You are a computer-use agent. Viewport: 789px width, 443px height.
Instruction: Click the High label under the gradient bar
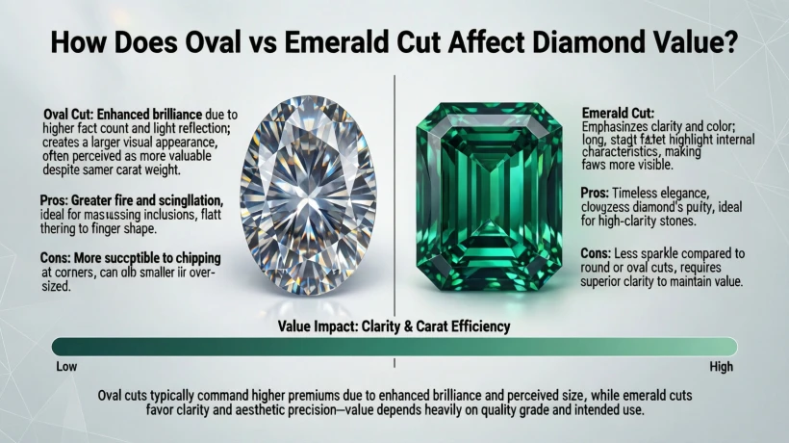[721, 367]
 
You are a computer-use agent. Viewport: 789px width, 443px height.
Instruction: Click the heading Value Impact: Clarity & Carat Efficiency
[394, 327]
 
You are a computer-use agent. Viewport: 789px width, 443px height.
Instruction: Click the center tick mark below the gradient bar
[394, 364]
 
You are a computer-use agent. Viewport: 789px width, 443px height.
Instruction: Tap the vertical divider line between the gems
[394, 193]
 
